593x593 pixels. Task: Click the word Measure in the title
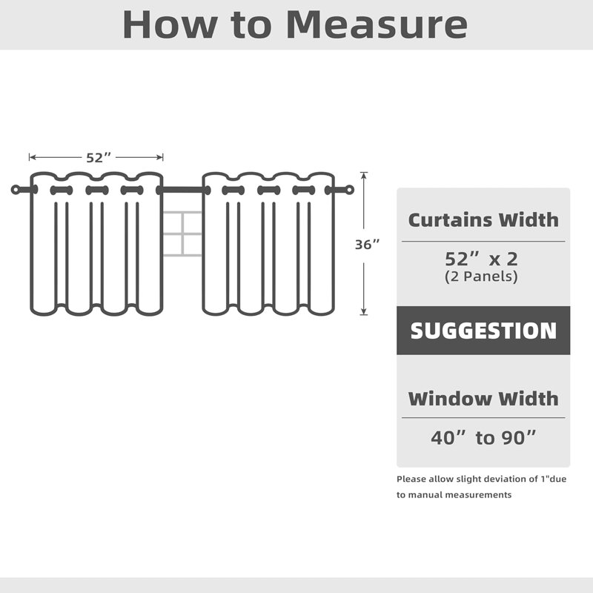(377, 24)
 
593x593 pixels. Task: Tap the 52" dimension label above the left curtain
(99, 158)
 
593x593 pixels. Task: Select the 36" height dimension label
(367, 245)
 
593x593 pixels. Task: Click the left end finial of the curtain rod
(16, 190)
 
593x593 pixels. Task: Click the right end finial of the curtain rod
(349, 190)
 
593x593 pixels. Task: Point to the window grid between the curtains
(182, 233)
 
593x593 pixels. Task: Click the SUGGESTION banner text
(483, 331)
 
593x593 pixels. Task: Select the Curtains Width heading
(483, 219)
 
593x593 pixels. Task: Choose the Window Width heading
(483, 399)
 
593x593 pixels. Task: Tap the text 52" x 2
(481, 259)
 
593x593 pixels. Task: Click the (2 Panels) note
(481, 276)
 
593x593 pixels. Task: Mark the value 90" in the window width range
(518, 438)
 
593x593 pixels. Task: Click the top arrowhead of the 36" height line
(364, 174)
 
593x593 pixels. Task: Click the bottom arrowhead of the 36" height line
(364, 312)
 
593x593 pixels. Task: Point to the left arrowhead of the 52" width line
(31, 157)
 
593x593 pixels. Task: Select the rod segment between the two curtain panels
(182, 190)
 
